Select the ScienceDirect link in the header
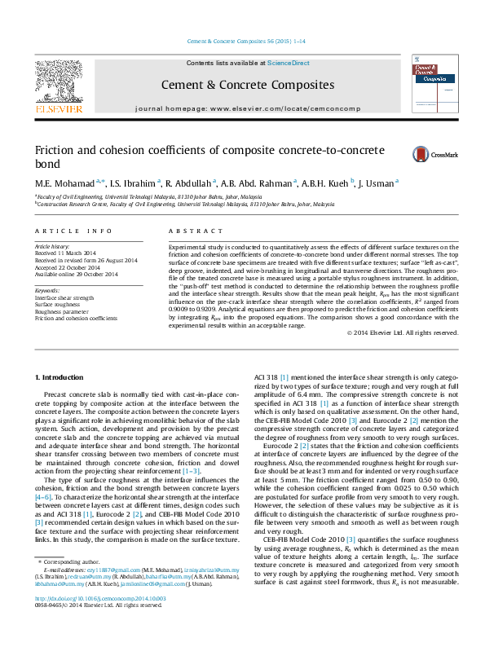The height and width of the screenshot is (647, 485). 288,63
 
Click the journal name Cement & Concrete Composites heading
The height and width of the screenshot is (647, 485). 247,85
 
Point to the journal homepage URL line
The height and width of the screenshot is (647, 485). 247,108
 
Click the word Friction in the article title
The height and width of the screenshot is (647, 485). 55,151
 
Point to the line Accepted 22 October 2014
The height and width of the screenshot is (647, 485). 68,267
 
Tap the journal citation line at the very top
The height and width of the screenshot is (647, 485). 245,40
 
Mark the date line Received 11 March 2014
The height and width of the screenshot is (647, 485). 67,253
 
